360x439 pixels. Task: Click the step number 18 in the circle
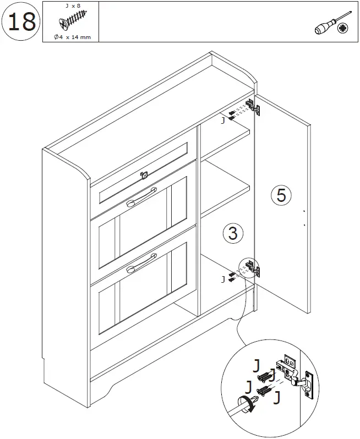(21, 21)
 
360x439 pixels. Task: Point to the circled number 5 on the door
(281, 195)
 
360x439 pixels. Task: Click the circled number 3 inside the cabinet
(233, 233)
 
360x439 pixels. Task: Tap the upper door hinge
(254, 107)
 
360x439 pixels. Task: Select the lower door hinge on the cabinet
(254, 269)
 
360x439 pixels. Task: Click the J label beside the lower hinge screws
(222, 279)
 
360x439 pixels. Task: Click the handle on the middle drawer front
(140, 202)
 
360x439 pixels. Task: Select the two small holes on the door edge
(303, 217)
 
